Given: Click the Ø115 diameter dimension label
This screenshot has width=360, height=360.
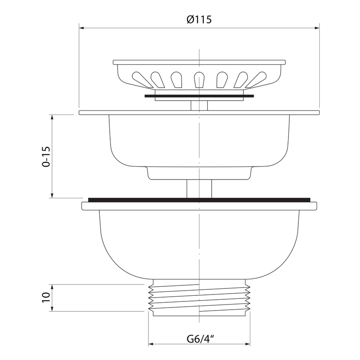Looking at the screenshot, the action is tap(199, 20).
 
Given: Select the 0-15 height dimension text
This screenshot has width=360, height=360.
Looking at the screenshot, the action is tap(46, 156).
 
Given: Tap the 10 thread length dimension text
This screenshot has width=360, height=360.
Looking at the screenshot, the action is tap(46, 298).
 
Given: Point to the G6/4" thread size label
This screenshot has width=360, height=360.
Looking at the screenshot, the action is tap(200, 339).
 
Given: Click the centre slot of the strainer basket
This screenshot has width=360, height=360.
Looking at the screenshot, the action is tap(199, 80).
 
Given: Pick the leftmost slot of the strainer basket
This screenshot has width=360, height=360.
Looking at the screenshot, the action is tap(142, 80).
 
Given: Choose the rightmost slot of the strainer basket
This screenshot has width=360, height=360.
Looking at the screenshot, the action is tap(256, 80).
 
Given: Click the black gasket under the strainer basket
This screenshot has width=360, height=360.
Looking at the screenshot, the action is tap(199, 96).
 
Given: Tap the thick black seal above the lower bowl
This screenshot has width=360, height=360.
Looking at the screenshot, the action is tap(199, 200).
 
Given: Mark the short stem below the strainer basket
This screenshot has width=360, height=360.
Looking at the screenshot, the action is tap(199, 105).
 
